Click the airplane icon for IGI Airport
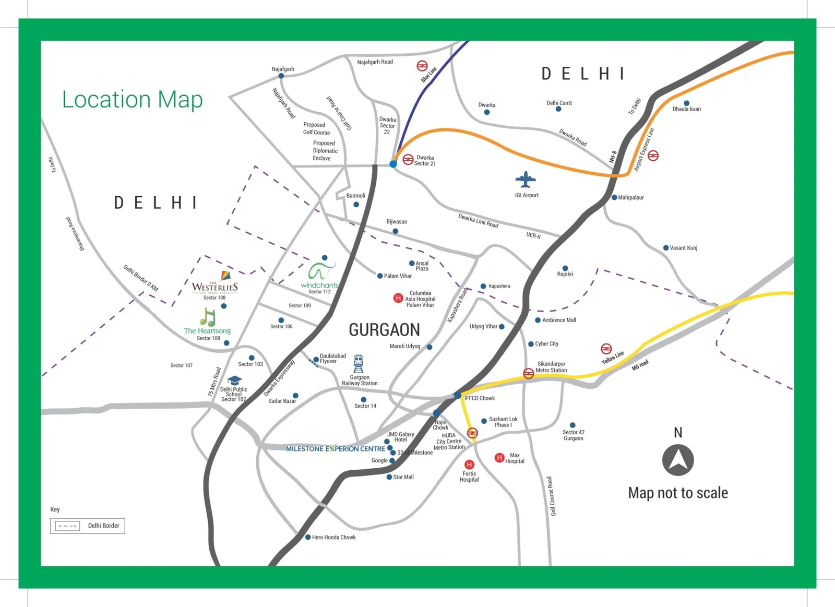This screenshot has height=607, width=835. click(526, 180)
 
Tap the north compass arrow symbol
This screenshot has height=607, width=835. click(678, 460)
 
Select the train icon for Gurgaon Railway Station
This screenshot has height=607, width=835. click(359, 363)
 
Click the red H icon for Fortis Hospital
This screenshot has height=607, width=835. click(469, 465)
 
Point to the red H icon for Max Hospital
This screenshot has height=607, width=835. click(499, 458)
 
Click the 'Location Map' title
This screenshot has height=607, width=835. click(132, 99)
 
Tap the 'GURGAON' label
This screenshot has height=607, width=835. click(384, 330)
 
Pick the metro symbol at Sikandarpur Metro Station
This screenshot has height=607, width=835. click(529, 373)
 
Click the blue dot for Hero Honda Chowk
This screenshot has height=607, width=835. click(308, 537)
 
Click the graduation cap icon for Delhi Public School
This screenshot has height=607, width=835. click(234, 380)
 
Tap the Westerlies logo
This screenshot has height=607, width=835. click(214, 285)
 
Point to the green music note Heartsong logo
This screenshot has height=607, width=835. click(207, 317)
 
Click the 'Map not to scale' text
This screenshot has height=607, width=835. click(677, 493)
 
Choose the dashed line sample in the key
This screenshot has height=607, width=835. click(68, 526)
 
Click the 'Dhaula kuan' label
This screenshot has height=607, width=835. click(686, 109)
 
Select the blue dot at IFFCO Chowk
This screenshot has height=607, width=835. click(458, 396)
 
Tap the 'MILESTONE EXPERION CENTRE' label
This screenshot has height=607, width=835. click(335, 449)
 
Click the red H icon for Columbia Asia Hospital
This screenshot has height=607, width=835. click(398, 298)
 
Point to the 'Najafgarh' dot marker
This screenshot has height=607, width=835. click(281, 76)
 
